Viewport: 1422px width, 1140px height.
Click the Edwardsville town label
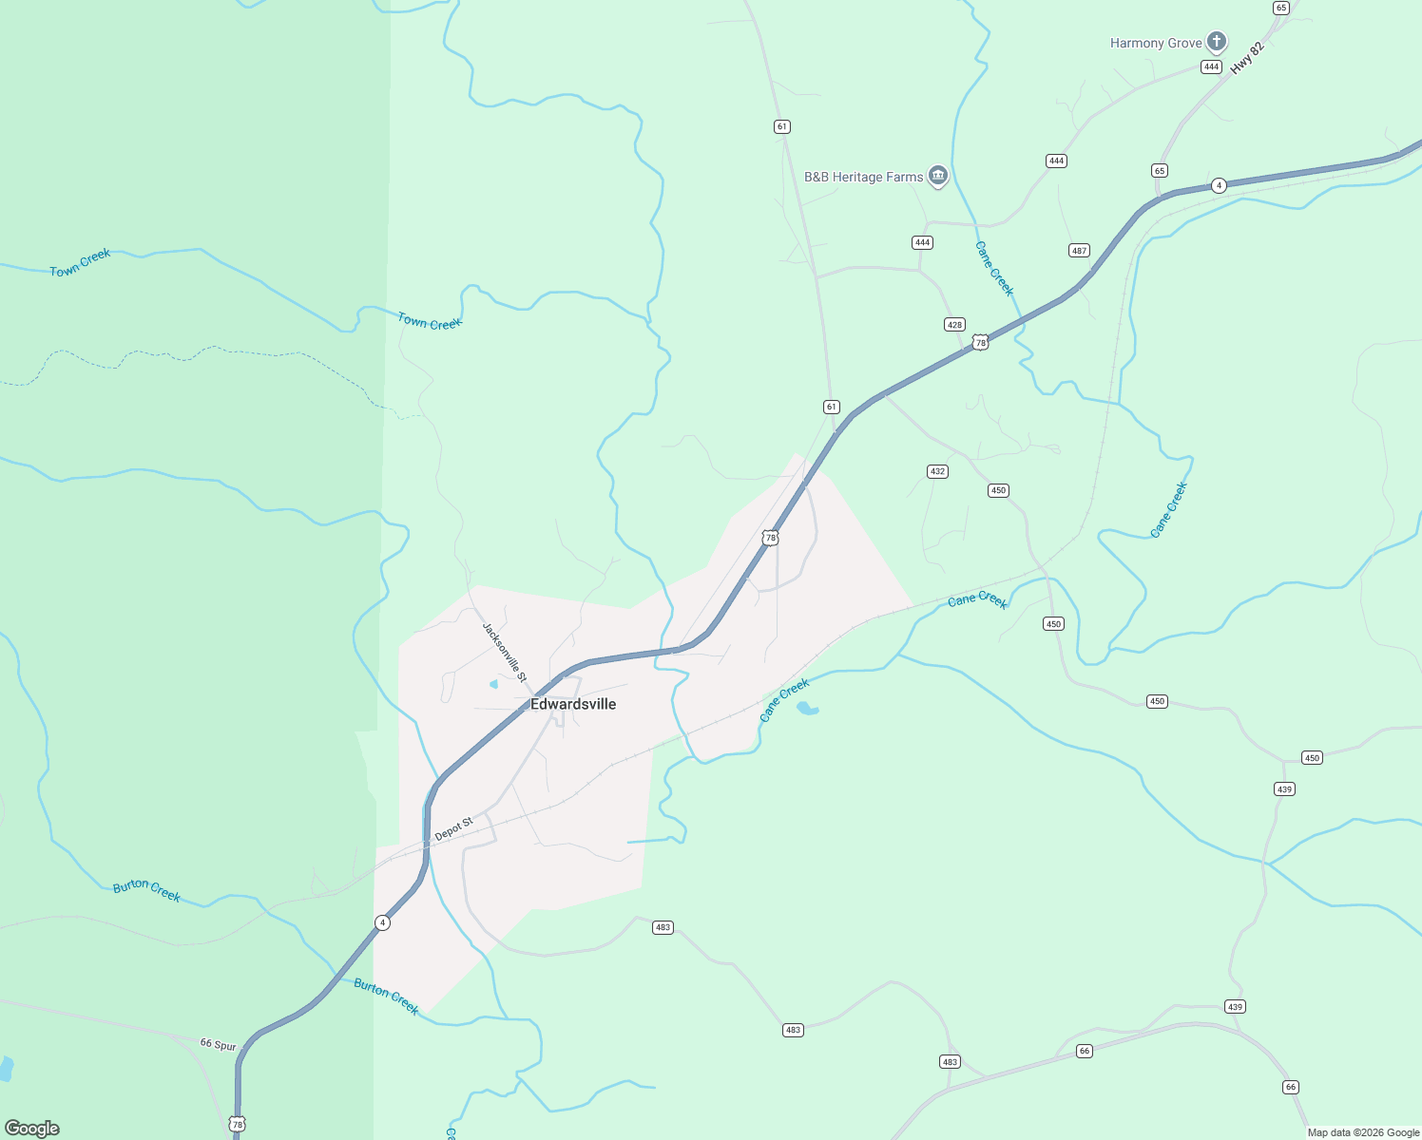pos(573,704)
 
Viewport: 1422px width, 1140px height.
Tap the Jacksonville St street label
pos(504,652)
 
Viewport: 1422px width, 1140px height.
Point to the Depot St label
pos(453,828)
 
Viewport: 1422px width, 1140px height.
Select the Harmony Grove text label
pos(1156,43)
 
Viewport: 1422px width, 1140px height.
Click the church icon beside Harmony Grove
pos(1217,41)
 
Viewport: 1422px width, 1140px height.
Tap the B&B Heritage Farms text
pos(863,177)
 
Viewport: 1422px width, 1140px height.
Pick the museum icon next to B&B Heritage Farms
pos(938,176)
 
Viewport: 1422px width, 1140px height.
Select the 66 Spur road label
pos(218,1044)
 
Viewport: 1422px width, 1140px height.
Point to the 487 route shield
pos(1079,251)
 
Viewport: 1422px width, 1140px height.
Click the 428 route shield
pos(954,325)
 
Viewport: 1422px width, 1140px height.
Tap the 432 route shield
pos(937,471)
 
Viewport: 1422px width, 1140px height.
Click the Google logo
pos(32,1129)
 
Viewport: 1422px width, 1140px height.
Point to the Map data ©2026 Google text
pos(1363,1132)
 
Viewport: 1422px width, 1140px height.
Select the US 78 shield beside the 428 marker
pos(980,342)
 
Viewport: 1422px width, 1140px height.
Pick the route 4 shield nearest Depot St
pos(382,922)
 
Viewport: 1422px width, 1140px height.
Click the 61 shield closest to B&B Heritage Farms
pos(782,126)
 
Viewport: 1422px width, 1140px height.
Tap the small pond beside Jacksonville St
pos(493,684)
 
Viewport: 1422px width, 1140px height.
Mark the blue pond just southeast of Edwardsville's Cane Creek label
pos(806,708)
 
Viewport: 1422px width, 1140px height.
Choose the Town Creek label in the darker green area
pos(80,263)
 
